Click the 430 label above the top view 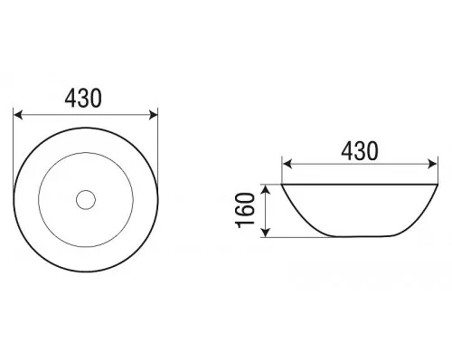point(83,99)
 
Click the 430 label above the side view point(360,151)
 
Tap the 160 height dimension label point(246,210)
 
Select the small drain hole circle point(86,200)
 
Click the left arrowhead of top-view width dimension point(18,115)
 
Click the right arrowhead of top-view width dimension point(154,115)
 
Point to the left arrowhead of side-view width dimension point(287,164)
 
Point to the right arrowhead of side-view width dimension point(433,164)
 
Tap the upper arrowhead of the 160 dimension point(265,189)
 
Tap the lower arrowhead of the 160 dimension point(265,233)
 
